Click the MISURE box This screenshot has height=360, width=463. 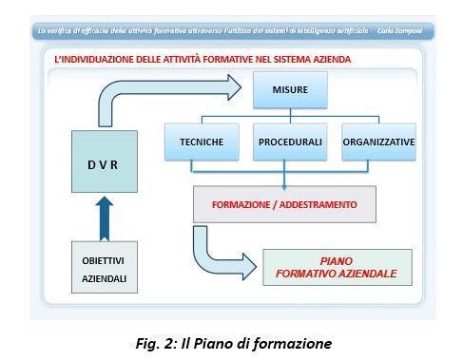pos(290,90)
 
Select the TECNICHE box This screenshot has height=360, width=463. pos(202,142)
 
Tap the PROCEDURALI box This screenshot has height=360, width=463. pos(290,142)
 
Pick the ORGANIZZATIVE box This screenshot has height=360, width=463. pos(378,142)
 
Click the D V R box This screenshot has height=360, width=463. pos(105,161)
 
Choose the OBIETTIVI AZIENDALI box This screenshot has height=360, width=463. pos(105,267)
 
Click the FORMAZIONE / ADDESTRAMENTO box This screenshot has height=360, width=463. pos(284,204)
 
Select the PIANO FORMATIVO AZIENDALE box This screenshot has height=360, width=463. pos(338,268)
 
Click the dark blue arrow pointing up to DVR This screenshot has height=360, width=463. pos(105,219)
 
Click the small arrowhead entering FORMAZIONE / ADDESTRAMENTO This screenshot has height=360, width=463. pos(284,187)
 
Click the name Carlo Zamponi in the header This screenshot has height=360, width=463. pos(399,31)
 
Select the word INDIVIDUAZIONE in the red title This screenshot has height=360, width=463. pos(98,60)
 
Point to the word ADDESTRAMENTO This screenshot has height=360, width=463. pos(318,205)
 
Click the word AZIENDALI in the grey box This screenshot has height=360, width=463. pos(105,278)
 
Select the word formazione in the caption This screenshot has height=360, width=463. pos(292,344)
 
